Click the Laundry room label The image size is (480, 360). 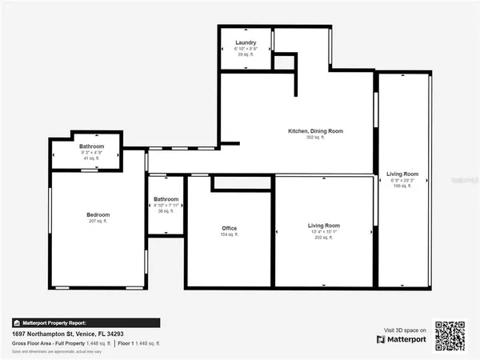click(x=245, y=42)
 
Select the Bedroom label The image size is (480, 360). click(x=98, y=215)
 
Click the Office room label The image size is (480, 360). click(x=230, y=229)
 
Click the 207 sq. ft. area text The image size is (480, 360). click(x=98, y=222)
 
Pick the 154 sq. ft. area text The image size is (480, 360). click(x=230, y=235)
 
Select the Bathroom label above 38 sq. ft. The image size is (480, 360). click(x=166, y=199)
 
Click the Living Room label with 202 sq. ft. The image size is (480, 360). click(x=324, y=226)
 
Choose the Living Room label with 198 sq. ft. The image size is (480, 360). click(x=402, y=174)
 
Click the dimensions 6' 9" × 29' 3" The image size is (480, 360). click(x=402, y=180)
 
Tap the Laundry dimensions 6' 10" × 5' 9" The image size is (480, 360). click(x=245, y=49)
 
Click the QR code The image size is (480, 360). click(x=450, y=334)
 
